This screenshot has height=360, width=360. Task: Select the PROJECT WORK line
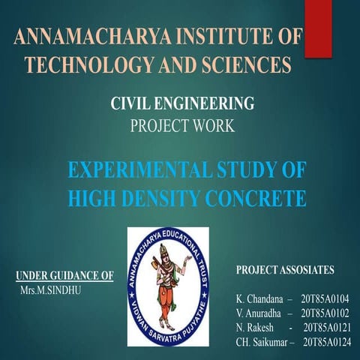(x=182, y=126)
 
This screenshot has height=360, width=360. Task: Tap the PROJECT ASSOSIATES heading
(x=285, y=268)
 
